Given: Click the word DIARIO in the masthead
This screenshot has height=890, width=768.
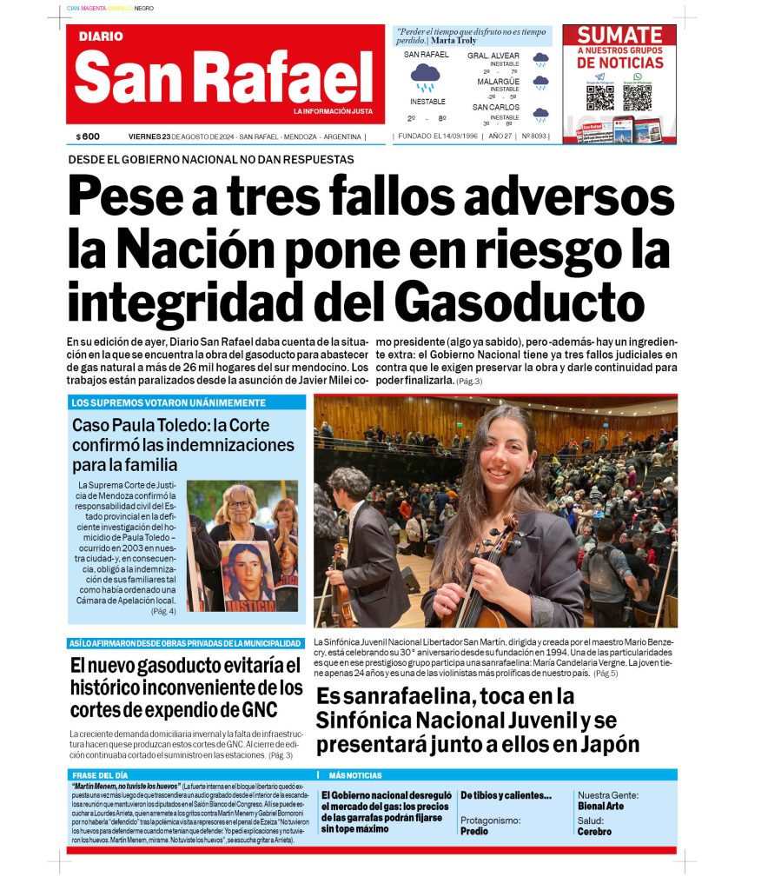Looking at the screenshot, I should pos(101,37).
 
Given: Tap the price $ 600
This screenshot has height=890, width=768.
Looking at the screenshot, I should pos(88,136).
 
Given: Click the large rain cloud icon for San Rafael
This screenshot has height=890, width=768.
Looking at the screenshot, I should pos(425,77).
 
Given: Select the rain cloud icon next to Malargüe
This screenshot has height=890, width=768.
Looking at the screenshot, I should pos(540,83).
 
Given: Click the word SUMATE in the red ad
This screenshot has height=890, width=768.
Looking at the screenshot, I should pos(619,36).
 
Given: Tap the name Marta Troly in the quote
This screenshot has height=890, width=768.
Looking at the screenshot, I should pos(454,41).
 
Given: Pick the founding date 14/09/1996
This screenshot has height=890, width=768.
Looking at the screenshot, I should pos(448,136).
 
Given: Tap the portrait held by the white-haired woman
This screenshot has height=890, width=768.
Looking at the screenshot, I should pos(247,570).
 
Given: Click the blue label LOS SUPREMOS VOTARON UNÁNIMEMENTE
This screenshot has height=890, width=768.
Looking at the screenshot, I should pos(169,402).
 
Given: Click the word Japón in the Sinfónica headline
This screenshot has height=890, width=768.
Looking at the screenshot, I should pos(606,745).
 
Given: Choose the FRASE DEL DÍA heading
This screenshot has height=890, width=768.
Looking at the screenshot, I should pos(100,775).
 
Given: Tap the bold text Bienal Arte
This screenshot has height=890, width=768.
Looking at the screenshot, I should pos(600,806).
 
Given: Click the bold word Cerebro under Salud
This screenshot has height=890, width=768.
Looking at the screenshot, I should pos(594,831).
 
